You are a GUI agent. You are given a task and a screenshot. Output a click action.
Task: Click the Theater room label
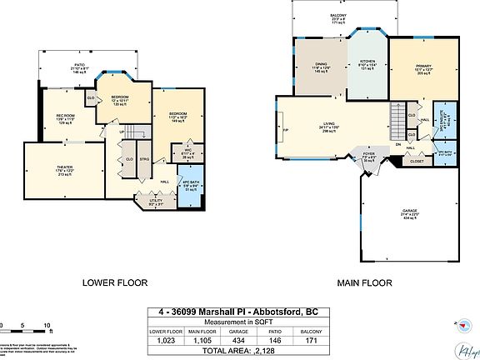click(64, 167)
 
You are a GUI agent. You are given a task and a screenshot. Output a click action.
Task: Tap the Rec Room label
click(66, 115)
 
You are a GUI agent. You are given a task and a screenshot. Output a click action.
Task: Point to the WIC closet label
click(188, 151)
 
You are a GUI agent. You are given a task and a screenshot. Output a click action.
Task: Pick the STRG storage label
click(144, 159)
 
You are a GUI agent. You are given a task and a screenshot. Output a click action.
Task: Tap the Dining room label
click(321, 64)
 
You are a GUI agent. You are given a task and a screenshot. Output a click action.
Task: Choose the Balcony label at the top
click(337, 15)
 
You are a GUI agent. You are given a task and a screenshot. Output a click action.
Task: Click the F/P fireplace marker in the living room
click(286, 131)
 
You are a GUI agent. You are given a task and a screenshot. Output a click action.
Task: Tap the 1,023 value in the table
click(162, 340)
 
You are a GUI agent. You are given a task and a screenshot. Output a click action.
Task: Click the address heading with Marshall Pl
click(237, 312)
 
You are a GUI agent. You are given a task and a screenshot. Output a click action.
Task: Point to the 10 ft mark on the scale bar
click(47, 324)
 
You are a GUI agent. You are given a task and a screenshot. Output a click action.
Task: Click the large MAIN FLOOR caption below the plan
click(364, 282)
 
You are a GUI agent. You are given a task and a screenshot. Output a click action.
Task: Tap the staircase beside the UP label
click(137, 132)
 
